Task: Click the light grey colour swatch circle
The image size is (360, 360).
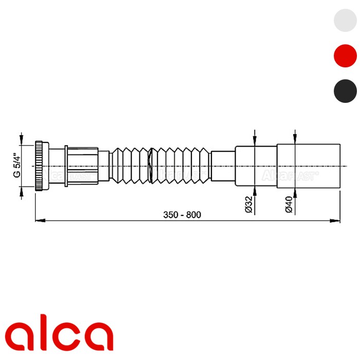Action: click(x=345, y=20)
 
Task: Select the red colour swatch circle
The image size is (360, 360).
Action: click(x=345, y=56)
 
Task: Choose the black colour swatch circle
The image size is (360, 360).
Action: click(x=345, y=91)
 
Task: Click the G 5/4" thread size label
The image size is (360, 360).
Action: click(x=16, y=165)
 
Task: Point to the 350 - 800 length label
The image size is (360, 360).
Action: click(x=182, y=214)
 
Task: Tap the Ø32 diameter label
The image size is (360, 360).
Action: click(x=248, y=204)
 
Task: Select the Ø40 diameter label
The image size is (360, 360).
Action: click(x=289, y=204)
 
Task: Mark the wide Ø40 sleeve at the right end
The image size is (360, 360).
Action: click(x=308, y=166)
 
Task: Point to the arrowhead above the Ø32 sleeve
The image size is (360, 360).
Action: click(x=255, y=143)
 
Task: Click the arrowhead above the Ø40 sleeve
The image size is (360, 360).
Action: click(x=295, y=139)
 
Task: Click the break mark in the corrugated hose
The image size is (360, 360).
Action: click(x=150, y=166)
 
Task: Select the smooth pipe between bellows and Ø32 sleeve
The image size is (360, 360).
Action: click(x=223, y=166)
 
